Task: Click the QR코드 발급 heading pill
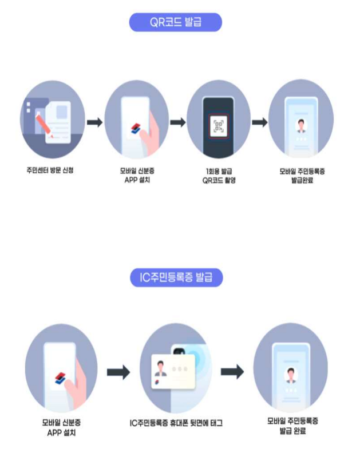tap(175, 22)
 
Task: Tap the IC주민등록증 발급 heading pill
tap(176, 278)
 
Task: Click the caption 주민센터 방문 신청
tap(53, 170)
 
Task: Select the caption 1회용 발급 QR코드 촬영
tap(218, 175)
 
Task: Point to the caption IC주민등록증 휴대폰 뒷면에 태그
tap(176, 423)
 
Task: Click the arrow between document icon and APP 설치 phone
tap(95, 122)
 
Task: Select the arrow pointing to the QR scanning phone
tap(177, 122)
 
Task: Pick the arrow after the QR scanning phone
tap(260, 122)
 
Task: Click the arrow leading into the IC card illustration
tap(118, 372)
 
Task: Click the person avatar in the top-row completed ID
tap(300, 125)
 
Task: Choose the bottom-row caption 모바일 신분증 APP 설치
tap(61, 428)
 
